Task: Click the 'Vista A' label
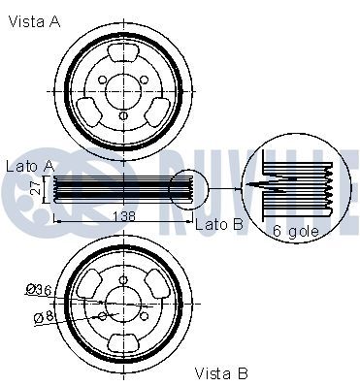point(34,21)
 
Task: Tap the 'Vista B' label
point(221,372)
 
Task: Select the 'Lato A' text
point(28,166)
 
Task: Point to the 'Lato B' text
point(217,225)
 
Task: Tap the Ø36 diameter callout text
point(37,288)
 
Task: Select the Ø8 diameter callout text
point(40,315)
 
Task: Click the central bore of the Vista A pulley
point(123,88)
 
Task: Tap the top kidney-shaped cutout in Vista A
point(123,57)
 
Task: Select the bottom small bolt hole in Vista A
point(123,117)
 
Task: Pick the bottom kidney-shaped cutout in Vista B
point(123,342)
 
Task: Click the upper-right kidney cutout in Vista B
point(155,283)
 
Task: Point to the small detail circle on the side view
point(189,190)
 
